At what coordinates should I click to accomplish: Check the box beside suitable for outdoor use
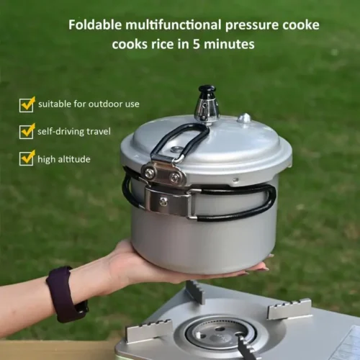[27, 104]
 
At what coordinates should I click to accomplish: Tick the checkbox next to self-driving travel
[27, 132]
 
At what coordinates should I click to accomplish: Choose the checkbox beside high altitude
[27, 158]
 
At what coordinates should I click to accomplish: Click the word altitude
[75, 159]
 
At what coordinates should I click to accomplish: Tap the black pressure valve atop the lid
[207, 93]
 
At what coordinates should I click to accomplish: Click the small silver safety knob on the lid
[245, 118]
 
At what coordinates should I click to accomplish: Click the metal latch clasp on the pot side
[170, 201]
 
